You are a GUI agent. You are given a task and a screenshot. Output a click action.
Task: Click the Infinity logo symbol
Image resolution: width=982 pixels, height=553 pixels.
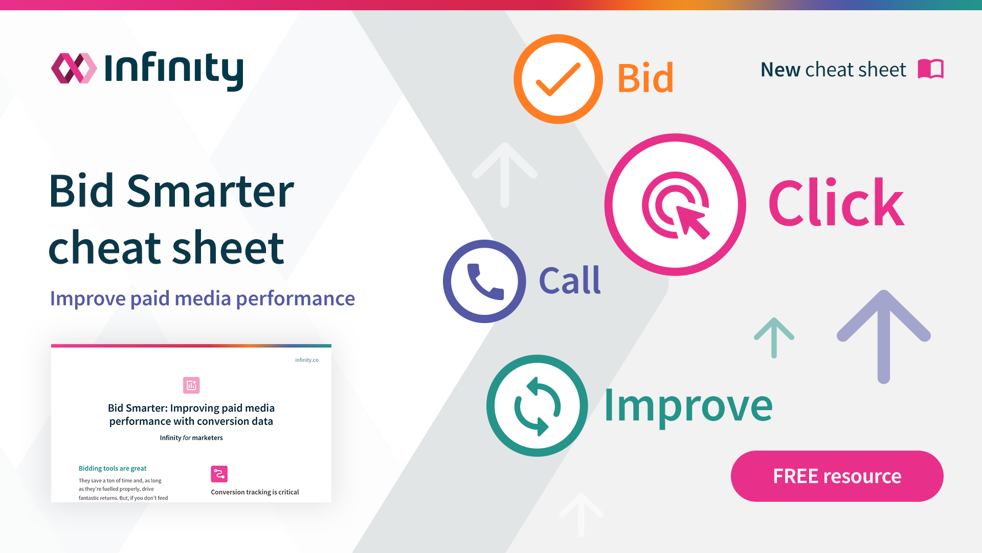click(74, 68)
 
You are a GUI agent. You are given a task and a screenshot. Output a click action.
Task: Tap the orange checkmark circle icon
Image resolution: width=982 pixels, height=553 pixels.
click(558, 79)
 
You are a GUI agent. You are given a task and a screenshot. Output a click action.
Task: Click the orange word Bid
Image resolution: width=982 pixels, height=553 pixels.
click(645, 78)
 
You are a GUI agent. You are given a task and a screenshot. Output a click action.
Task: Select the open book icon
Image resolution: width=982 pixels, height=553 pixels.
click(930, 69)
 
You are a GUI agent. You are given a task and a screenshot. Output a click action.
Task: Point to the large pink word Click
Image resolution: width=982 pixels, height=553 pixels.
click(836, 203)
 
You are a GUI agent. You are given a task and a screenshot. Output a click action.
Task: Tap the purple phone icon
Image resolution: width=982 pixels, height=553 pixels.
click(484, 281)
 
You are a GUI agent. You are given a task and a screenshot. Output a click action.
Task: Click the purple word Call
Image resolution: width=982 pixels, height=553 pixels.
click(570, 281)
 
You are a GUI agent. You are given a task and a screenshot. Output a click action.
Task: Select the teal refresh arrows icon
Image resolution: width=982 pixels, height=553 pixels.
click(537, 406)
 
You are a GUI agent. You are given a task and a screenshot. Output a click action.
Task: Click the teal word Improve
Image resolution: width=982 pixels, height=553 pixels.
click(688, 406)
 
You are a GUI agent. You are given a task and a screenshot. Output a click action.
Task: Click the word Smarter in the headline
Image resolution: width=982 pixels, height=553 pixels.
click(210, 191)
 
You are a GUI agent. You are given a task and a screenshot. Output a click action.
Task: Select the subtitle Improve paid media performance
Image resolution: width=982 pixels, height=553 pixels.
click(202, 299)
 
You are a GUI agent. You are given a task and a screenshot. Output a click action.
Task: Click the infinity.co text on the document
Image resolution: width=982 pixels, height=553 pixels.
click(306, 360)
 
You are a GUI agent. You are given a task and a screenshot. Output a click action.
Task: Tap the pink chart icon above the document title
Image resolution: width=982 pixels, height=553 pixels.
click(191, 385)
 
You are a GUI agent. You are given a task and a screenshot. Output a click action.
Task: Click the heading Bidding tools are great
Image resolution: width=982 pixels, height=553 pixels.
click(113, 469)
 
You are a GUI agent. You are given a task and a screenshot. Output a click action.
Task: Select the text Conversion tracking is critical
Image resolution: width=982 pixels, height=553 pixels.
click(255, 492)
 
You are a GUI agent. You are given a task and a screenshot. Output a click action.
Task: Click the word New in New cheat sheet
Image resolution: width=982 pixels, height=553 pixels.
click(780, 70)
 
